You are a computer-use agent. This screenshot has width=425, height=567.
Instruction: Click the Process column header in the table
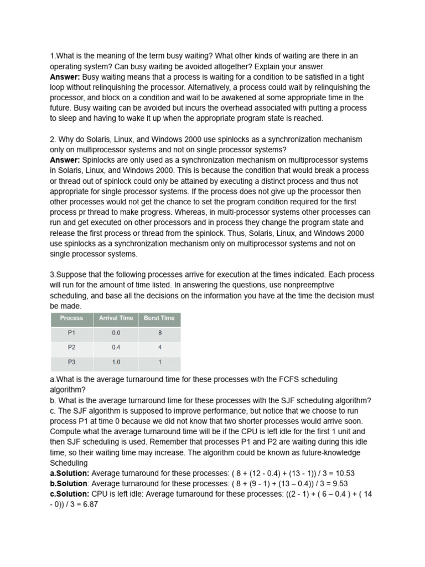(x=71, y=318)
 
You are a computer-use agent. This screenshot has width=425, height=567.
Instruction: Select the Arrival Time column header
(x=116, y=318)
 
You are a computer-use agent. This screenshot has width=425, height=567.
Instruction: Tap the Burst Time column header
(x=159, y=318)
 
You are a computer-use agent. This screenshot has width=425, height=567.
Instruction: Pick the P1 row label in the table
(x=71, y=333)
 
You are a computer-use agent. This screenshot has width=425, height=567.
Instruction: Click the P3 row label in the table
(x=71, y=362)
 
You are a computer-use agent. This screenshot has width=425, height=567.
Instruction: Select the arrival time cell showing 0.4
(x=116, y=348)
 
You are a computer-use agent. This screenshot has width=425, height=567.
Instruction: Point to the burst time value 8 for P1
(x=159, y=333)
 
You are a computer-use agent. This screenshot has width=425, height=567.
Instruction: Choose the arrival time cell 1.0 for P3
(x=116, y=362)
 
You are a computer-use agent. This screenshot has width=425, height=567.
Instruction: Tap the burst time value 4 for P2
(x=159, y=348)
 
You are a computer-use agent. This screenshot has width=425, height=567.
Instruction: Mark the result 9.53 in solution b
(x=336, y=483)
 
